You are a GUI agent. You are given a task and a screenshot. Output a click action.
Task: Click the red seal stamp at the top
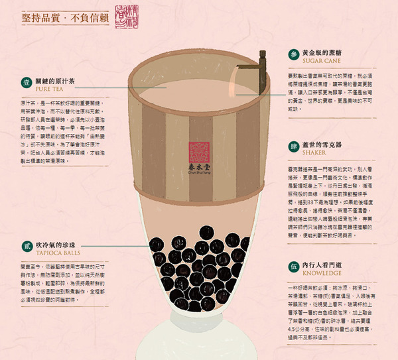[128, 15]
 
